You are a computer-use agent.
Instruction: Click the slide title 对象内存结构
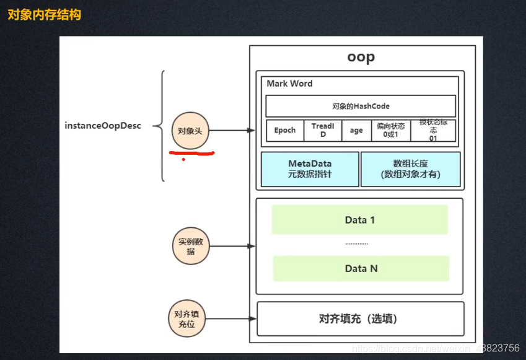(44, 14)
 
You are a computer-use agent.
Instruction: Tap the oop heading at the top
(361, 58)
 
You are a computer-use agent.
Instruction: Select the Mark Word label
(289, 84)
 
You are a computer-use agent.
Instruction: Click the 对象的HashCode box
(361, 106)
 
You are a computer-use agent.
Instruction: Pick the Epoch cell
(285, 130)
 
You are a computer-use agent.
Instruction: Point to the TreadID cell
(323, 130)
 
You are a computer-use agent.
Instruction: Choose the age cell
(356, 130)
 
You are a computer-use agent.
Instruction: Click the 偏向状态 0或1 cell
(390, 130)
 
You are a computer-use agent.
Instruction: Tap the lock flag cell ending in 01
(433, 130)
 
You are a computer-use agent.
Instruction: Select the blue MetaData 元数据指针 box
(310, 169)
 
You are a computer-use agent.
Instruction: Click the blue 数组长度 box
(410, 169)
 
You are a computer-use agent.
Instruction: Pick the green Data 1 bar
(360, 220)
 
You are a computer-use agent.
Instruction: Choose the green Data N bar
(361, 268)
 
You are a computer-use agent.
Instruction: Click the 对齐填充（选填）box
(360, 318)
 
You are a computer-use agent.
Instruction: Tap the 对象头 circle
(190, 131)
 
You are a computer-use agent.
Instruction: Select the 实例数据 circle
(190, 246)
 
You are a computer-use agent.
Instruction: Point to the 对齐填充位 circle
(186, 319)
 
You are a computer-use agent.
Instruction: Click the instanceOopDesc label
(103, 126)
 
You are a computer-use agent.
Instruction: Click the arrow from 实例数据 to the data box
(232, 246)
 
